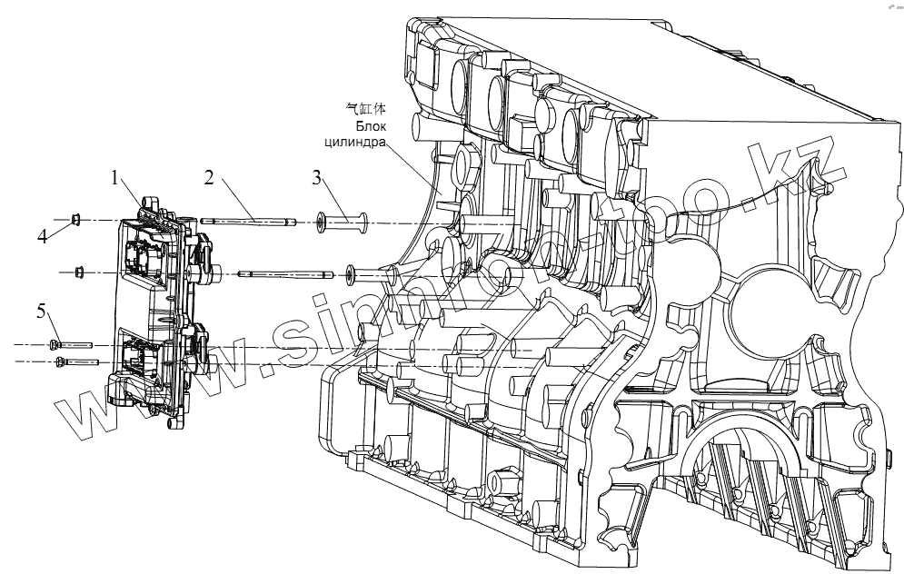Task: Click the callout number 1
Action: pos(114,179)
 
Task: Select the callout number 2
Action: pos(209,178)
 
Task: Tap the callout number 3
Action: pos(316,178)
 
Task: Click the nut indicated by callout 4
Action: pos(77,219)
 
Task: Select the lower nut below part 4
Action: pos(79,270)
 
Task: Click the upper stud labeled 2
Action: pos(247,220)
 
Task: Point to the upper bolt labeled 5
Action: pos(72,345)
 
